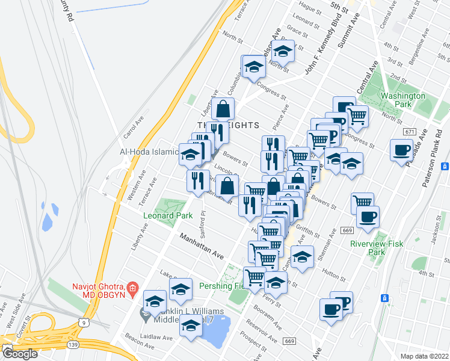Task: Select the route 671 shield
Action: (x=410, y=131)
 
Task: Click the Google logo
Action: (x=19, y=354)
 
